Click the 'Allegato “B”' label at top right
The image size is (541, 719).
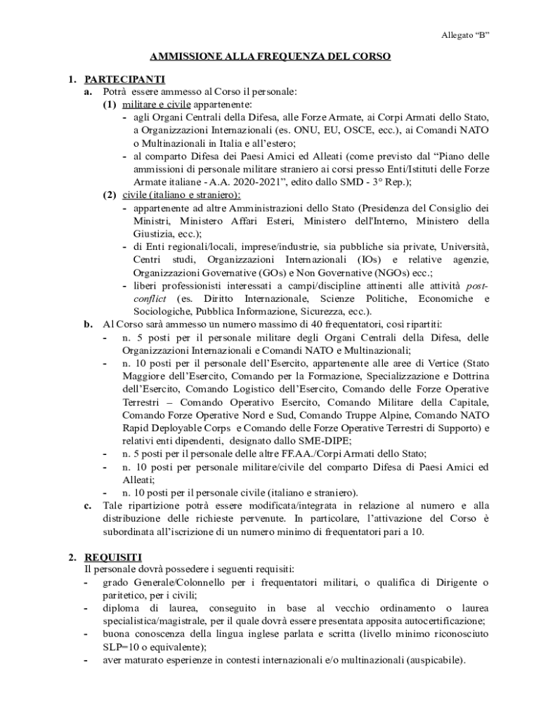(x=465, y=34)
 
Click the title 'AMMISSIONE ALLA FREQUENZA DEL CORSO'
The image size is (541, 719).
(x=270, y=56)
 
